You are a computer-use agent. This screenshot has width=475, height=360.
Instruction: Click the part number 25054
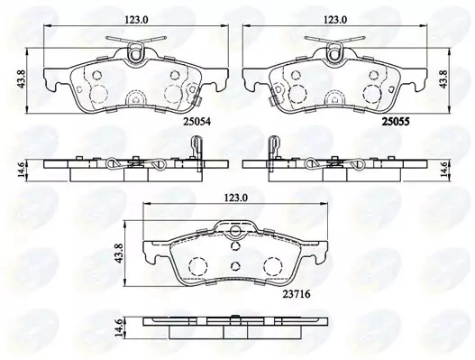coord(196,122)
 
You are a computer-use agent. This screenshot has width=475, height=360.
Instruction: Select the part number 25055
coord(396,122)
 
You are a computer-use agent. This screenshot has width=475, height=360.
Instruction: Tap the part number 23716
coord(297,294)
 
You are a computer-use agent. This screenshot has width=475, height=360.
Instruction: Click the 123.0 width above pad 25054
coord(136,20)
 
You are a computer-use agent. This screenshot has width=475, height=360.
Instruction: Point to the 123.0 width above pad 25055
coord(335,20)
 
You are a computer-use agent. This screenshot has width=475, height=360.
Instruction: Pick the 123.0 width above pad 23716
coord(235,198)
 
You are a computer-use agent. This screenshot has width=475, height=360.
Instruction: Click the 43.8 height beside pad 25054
coord(22,80)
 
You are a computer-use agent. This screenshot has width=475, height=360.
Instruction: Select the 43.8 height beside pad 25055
coord(443,80)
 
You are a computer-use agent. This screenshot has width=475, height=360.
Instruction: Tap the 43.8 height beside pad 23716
coord(120,254)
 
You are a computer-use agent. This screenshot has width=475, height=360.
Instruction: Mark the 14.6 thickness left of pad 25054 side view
coord(22,171)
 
